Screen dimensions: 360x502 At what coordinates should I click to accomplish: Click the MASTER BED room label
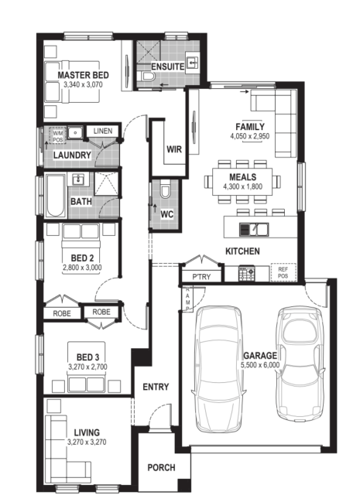pos(83,75)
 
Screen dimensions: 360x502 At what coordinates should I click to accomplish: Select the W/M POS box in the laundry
pos(57,135)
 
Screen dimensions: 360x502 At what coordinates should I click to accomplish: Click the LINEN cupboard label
pos(103,131)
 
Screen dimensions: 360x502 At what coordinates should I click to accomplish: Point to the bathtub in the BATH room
pos(55,195)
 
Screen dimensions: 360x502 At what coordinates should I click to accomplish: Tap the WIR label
pos(174,149)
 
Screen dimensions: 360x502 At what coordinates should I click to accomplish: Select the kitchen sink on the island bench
pos(254,230)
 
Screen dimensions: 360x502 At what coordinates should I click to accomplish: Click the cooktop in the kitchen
pos(246,273)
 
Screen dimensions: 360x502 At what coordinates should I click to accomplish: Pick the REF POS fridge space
pos(283,272)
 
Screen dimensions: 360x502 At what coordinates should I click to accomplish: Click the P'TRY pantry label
pos(201,277)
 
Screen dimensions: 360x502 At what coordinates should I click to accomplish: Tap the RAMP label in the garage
pos(187,299)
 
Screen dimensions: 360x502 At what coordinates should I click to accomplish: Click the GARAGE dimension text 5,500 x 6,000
pos(260,364)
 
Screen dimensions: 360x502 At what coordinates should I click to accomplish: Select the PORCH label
pos(161,468)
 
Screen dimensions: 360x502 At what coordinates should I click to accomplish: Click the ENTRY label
pos(156,387)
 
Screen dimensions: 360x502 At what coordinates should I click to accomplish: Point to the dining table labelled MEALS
pos(242,182)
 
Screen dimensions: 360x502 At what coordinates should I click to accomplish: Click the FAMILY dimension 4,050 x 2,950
pos(250,136)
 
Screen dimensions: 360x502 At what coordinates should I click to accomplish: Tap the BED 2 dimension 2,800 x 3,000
pos(82,268)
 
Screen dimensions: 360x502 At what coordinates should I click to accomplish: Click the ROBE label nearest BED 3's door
pos(101,312)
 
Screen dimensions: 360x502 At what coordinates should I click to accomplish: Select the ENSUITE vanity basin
pos(192,63)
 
